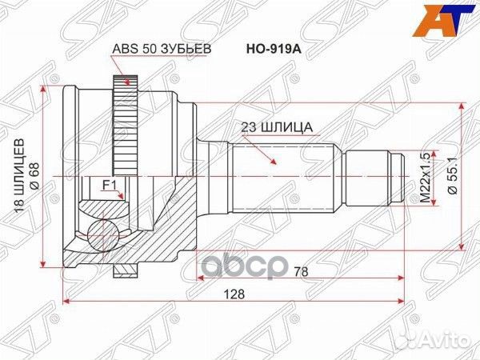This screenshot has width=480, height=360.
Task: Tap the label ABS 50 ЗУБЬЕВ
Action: pyautogui.click(x=160, y=49)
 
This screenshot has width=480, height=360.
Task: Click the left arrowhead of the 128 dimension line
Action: pyautogui.click(x=67, y=302)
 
